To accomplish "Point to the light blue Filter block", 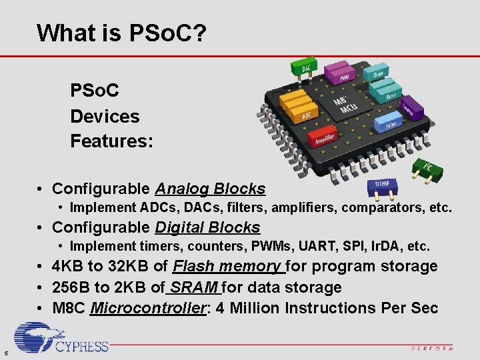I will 389,123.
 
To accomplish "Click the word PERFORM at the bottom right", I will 431,348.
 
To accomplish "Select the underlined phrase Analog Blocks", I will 210,189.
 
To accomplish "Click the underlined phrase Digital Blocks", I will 207,227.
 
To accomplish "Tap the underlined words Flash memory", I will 228,266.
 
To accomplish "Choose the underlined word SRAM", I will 195,287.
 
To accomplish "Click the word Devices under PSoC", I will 105,116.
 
